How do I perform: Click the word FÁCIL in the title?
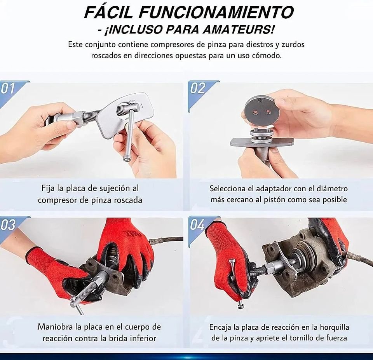(x=108, y=12)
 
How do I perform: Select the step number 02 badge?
(x=197, y=88)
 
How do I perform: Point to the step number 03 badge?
(x=8, y=225)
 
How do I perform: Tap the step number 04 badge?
(x=197, y=225)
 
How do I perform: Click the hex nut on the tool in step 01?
(x=78, y=118)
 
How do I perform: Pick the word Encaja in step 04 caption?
(x=220, y=327)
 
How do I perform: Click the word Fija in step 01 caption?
(x=48, y=188)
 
